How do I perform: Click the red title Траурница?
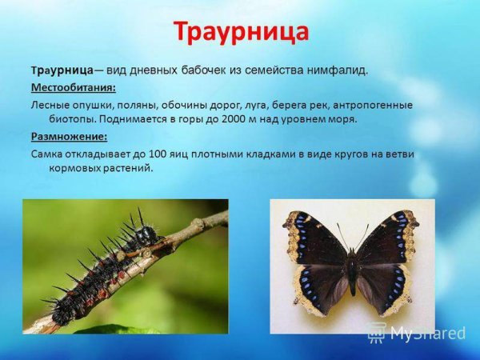(240, 33)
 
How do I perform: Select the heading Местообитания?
(74, 87)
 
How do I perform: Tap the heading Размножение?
(68, 136)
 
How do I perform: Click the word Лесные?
(51, 105)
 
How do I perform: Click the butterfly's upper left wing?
(320, 240)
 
